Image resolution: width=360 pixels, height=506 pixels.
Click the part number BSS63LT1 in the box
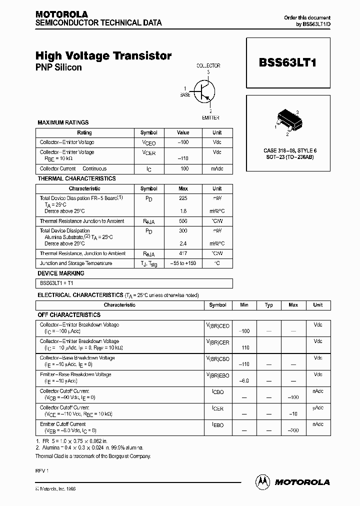[287, 63]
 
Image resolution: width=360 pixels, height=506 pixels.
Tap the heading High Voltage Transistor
[103, 56]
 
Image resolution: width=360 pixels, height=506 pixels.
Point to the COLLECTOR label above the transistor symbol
[208, 65]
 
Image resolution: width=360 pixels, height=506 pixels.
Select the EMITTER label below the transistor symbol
[210, 118]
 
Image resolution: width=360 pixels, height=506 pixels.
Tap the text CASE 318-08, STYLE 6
[290, 150]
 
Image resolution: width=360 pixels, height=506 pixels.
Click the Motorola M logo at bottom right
[262, 481]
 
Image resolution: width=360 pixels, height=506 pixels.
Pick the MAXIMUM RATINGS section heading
[63, 122]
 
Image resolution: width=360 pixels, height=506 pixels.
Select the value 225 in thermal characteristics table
[183, 198]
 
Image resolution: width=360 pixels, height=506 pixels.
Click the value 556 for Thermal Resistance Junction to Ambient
[183, 221]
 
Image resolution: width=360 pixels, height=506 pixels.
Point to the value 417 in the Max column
[183, 253]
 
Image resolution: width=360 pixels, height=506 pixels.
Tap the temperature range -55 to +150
[183, 263]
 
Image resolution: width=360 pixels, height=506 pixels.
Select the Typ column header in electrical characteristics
[268, 305]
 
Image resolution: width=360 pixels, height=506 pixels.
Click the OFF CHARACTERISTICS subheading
[69, 315]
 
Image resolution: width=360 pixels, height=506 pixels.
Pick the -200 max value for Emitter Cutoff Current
[293, 430]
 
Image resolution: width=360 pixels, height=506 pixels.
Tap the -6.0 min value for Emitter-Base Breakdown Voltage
[244, 381]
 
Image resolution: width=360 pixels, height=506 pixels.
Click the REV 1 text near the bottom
[41, 471]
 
